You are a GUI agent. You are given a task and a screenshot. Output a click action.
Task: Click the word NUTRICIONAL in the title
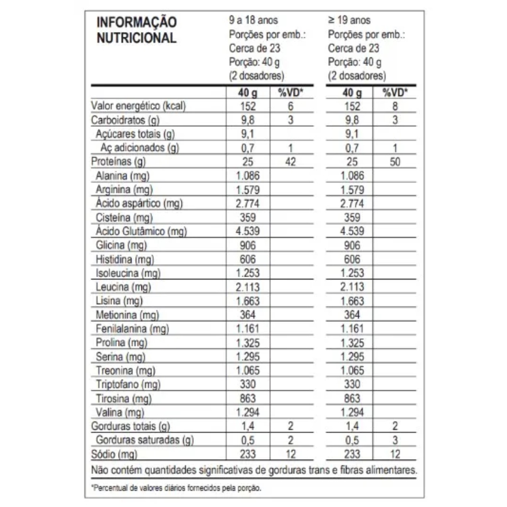pos(137,39)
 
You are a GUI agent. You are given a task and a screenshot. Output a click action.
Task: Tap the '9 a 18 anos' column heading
pos(253,20)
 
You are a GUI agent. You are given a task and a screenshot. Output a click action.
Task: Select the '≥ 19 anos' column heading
pos(349,20)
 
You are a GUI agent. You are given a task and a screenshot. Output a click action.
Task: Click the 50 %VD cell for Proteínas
pos(395,162)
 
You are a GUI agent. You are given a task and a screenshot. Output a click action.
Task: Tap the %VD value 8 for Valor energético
pos(395,106)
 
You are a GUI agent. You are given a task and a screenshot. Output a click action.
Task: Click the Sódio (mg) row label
pos(114,454)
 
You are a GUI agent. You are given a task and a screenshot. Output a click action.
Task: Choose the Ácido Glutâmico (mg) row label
pos(141,231)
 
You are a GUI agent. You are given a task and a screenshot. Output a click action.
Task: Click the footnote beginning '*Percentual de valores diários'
pos(176,488)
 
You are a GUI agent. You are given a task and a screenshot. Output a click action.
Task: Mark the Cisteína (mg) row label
pos(121,217)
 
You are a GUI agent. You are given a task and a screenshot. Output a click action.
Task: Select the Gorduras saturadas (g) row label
pos(146,440)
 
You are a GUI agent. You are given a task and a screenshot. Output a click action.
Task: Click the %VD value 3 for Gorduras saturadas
pos(395,440)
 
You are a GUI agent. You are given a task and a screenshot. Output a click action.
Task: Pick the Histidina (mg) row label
pos(124,259)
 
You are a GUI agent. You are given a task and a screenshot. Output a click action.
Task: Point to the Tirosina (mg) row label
pos(121,398)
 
